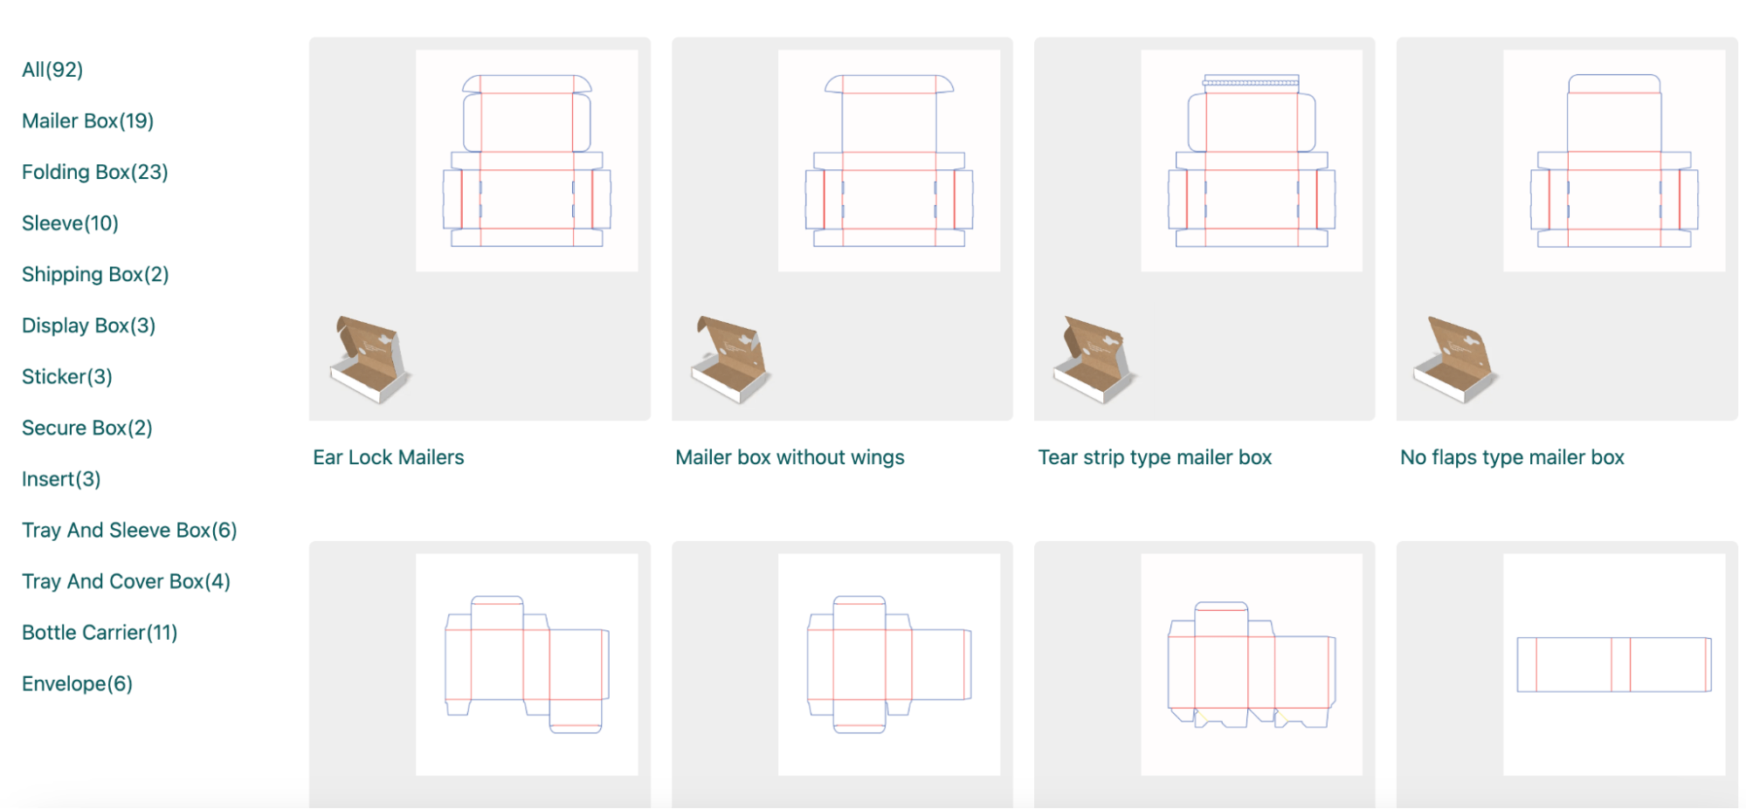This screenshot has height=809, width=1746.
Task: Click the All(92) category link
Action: tap(52, 70)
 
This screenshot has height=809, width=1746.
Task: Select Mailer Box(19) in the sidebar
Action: tap(87, 121)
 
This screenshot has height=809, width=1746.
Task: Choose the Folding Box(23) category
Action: tap(94, 172)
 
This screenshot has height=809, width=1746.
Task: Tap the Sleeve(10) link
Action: tap(70, 223)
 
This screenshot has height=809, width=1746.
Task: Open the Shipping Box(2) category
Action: tap(95, 275)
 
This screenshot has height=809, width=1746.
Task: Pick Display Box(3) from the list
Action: tap(88, 326)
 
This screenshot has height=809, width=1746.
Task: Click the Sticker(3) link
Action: tap(67, 377)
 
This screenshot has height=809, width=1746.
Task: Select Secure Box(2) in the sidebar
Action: tap(86, 428)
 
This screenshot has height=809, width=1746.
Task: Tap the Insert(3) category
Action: tap(61, 479)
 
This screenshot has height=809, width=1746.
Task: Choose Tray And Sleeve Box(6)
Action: tap(129, 531)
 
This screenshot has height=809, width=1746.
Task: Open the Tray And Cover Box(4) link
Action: tap(126, 582)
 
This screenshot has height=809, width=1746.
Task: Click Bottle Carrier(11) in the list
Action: tap(100, 633)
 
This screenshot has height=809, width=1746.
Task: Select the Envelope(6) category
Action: tap(77, 684)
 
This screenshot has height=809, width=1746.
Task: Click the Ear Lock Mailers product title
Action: tap(389, 457)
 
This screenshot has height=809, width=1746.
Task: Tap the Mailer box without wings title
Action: tap(790, 457)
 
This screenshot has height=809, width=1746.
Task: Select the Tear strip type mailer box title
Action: tap(1154, 457)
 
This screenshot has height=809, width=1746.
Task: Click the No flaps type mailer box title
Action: tap(1512, 457)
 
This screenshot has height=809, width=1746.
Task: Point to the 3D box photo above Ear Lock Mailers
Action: tap(370, 360)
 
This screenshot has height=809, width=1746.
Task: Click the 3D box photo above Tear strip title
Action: tap(1095, 360)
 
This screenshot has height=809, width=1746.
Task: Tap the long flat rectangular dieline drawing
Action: tap(1613, 665)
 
